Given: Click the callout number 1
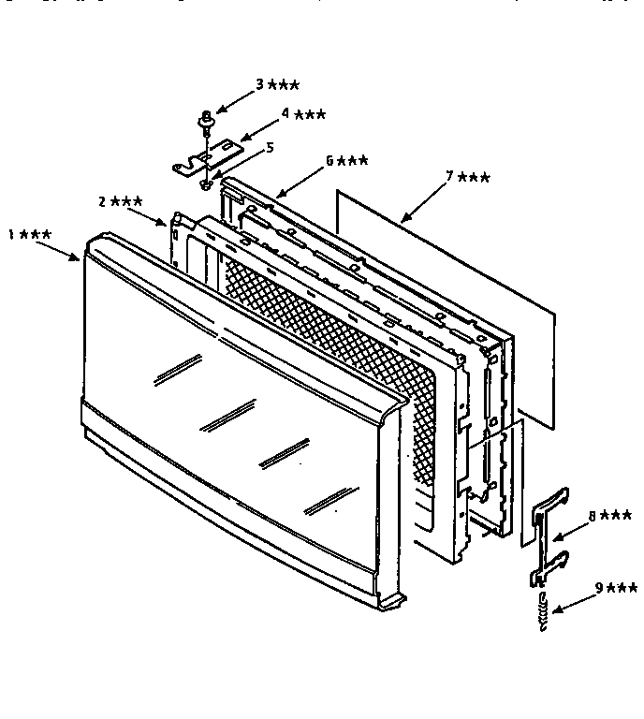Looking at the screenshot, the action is click(x=11, y=234).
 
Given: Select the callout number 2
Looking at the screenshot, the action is click(x=103, y=201).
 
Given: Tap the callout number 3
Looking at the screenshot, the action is click(x=260, y=84).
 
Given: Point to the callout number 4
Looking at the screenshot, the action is click(x=285, y=112).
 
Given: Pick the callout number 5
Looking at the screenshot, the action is click(x=270, y=147).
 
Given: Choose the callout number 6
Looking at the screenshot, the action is click(x=329, y=160).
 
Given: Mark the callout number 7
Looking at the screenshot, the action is click(x=449, y=176).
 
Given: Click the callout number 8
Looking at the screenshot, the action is click(x=593, y=516).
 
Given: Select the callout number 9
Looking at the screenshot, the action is click(x=599, y=587).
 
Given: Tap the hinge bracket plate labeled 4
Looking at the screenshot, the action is click(x=207, y=158).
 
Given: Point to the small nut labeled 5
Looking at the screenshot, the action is click(x=206, y=184).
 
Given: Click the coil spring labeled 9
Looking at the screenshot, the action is click(x=543, y=611).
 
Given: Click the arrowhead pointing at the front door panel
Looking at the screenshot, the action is click(x=75, y=257).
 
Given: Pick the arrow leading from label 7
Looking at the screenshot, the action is click(x=423, y=202).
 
